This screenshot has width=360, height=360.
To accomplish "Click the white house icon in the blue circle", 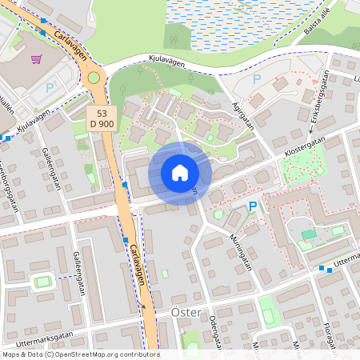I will coord(180,172).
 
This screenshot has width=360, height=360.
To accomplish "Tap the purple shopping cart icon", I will coord(36,58).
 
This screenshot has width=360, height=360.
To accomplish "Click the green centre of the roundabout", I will coord(94,78).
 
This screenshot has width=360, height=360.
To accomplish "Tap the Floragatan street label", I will coord(330,338).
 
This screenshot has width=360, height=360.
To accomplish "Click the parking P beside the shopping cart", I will coord(49,87).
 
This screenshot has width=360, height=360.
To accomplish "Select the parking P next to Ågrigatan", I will coord(257,78).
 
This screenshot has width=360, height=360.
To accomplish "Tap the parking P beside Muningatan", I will coord(253,206).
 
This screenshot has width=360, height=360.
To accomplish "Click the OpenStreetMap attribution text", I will coord(80,354).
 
